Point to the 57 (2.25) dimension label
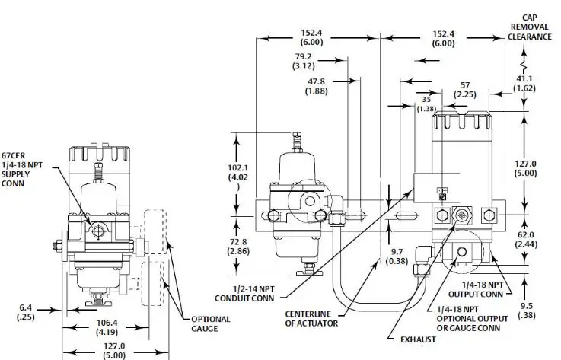click(x=464, y=89)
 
